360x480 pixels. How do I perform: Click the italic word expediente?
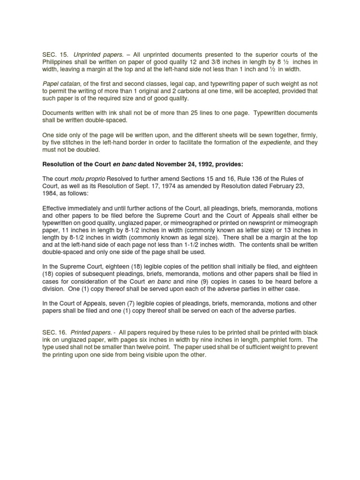(277, 142)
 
